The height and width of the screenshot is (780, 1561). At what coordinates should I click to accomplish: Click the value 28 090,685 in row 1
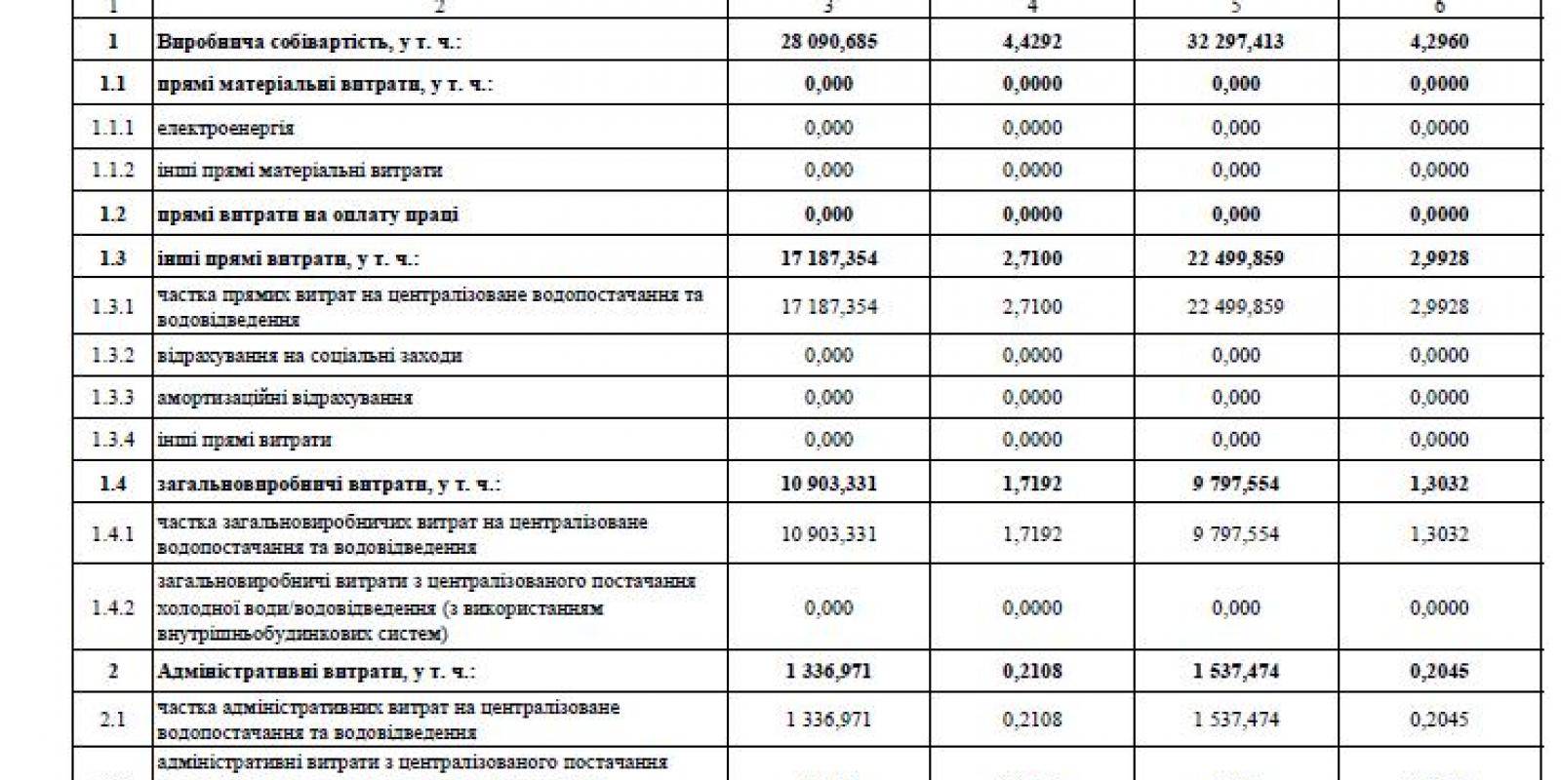pyautogui.click(x=828, y=42)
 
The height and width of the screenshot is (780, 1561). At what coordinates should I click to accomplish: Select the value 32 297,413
pyautogui.click(x=1235, y=42)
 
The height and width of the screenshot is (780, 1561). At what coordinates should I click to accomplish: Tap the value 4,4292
pyautogui.click(x=1032, y=42)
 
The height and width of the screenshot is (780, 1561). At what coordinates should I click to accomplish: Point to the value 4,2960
pyautogui.click(x=1439, y=42)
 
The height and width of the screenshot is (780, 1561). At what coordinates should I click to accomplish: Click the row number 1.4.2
pyautogui.click(x=113, y=607)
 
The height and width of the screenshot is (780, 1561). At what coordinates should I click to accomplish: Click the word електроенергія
pyautogui.click(x=225, y=128)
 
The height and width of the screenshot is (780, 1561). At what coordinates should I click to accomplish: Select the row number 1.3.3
pyautogui.click(x=113, y=397)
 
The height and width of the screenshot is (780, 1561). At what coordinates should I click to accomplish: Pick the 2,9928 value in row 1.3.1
pyautogui.click(x=1439, y=306)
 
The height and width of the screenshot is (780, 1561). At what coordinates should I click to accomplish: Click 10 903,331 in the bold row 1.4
pyautogui.click(x=828, y=484)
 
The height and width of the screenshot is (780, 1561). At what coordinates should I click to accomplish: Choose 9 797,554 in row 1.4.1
pyautogui.click(x=1235, y=533)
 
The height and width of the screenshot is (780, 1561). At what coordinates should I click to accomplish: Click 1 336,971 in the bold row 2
pyautogui.click(x=828, y=671)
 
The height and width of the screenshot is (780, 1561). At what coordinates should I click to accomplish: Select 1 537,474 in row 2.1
pyautogui.click(x=1235, y=720)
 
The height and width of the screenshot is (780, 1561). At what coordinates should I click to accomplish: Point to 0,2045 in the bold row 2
pyautogui.click(x=1439, y=671)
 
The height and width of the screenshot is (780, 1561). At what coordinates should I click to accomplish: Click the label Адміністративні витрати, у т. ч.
pyautogui.click(x=315, y=672)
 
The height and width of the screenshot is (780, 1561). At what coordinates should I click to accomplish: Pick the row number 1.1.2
pyautogui.click(x=113, y=170)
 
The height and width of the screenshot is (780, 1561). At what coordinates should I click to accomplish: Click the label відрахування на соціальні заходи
pyautogui.click(x=309, y=356)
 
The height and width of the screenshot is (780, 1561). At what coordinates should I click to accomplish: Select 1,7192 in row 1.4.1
pyautogui.click(x=1032, y=533)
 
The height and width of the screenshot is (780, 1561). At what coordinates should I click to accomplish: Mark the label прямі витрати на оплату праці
pyautogui.click(x=307, y=214)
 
